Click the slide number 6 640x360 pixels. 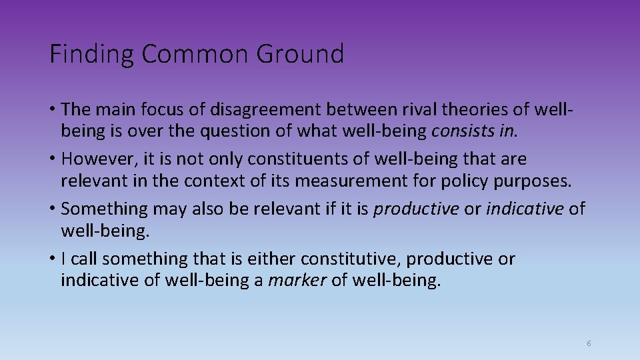(x=589, y=343)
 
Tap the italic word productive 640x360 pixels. (x=416, y=209)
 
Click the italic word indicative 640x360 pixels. (x=525, y=209)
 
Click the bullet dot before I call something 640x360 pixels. (x=53, y=259)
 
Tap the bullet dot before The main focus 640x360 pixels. (x=53, y=108)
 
